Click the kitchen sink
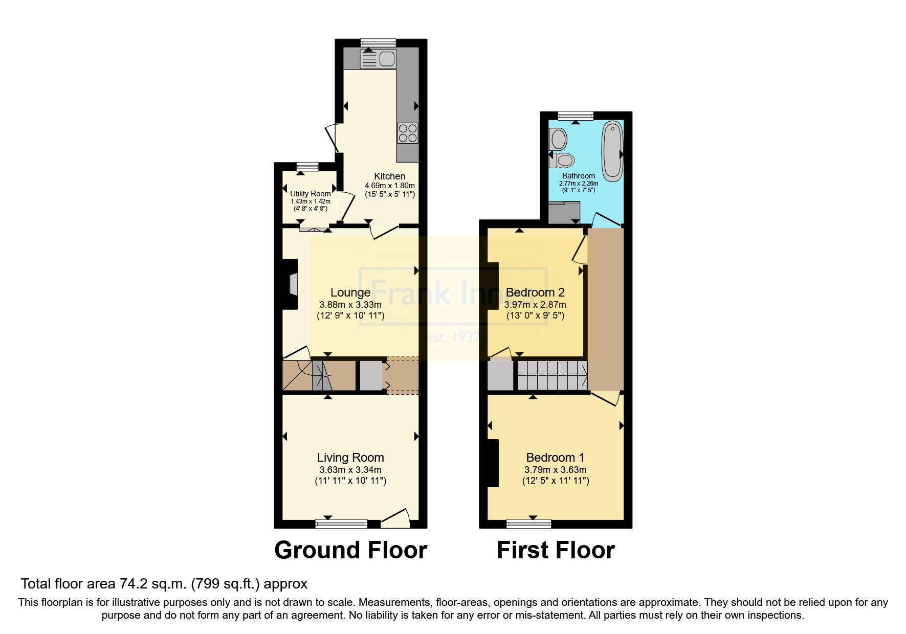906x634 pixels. click(378, 59)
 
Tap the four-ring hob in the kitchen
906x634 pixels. click(408, 133)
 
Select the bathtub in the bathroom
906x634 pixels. click(612, 151)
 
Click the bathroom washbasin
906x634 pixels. click(558, 139)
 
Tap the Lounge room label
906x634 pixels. click(350, 292)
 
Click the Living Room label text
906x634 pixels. click(350, 458)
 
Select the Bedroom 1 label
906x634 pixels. click(555, 458)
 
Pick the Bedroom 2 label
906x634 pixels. click(535, 292)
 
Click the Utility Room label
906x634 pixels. click(311, 194)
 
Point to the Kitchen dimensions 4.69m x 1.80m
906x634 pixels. click(390, 186)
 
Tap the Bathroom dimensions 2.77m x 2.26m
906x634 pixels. click(579, 183)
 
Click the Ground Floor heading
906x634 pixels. click(351, 550)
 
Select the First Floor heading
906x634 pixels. click(556, 550)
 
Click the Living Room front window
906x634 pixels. click(341, 524)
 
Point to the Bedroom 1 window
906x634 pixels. click(529, 524)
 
